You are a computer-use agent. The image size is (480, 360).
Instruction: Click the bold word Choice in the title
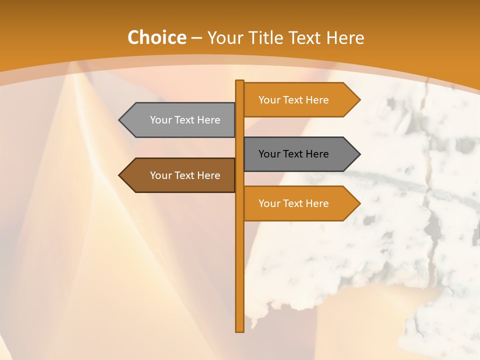(x=156, y=37)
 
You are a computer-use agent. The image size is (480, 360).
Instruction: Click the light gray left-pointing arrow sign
(x=180, y=120)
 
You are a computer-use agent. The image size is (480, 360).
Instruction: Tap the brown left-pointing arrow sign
(x=180, y=175)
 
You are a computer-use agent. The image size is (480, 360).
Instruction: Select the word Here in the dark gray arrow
(x=317, y=154)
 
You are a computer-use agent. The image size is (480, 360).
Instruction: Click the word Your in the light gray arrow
(x=160, y=120)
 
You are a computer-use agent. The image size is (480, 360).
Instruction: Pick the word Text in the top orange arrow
(x=293, y=100)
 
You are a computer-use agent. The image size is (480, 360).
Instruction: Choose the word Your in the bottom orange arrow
(x=269, y=203)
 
